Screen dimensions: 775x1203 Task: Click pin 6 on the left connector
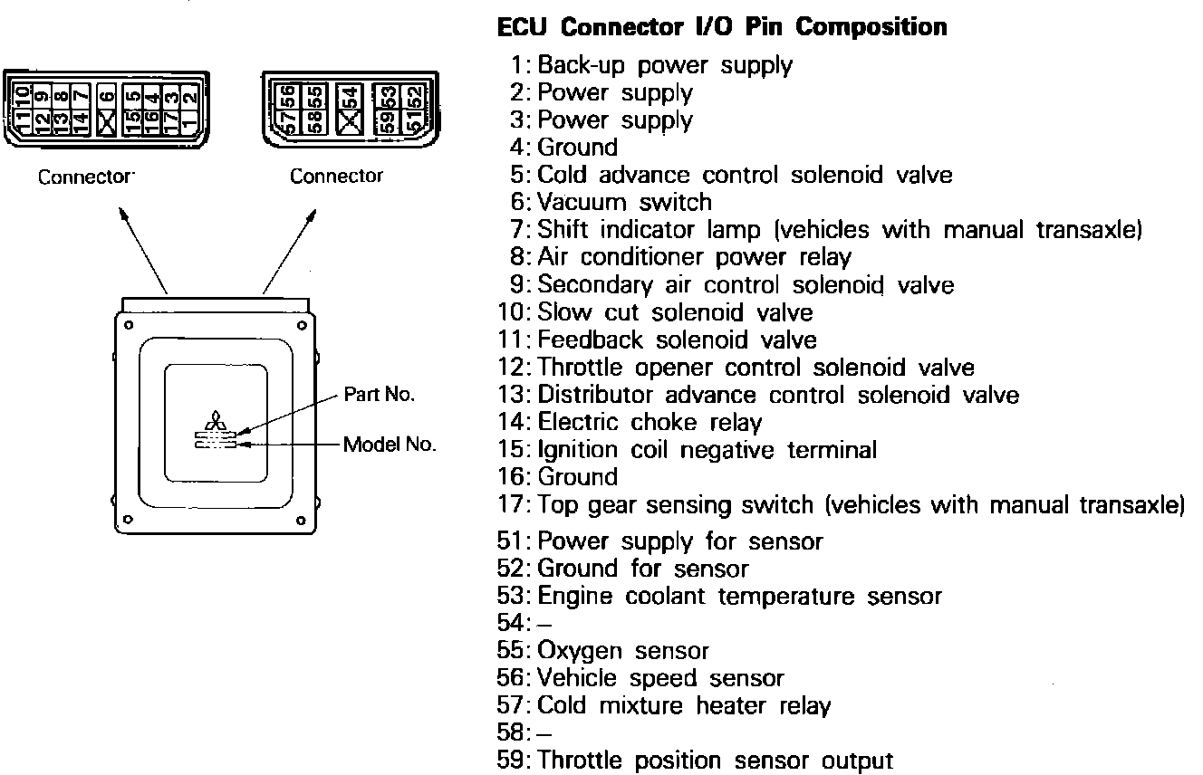pyautogui.click(x=108, y=93)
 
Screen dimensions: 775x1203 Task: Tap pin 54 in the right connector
pyautogui.click(x=349, y=95)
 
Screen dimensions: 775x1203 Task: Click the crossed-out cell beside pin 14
pyautogui.click(x=108, y=120)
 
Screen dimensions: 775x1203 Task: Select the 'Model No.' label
pyautogui.click(x=390, y=445)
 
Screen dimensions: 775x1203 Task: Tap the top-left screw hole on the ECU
pyautogui.click(x=130, y=324)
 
